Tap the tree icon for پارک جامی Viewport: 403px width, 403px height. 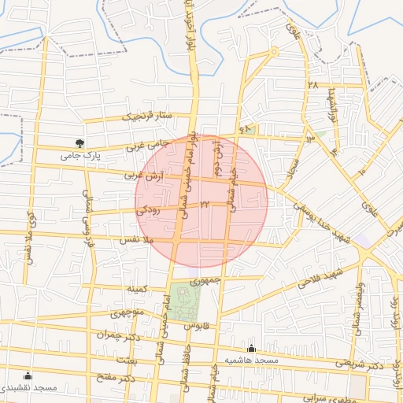point(79,143)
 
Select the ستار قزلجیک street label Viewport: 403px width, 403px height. point(146,116)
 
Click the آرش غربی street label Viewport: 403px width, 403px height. point(144,176)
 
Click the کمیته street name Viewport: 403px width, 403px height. point(139,289)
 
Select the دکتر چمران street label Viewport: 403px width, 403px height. point(112,333)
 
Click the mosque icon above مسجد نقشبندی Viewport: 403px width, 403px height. point(29,375)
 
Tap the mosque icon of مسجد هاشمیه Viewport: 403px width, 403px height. point(251,348)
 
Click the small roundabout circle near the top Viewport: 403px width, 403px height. point(274,52)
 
